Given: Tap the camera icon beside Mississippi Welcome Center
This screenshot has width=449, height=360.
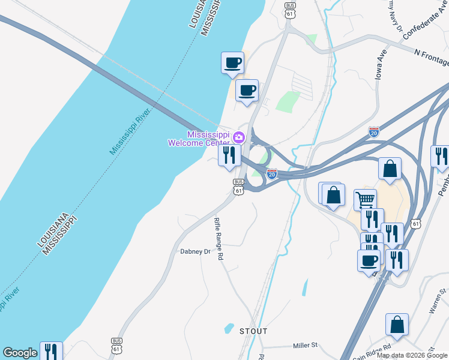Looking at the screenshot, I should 238,137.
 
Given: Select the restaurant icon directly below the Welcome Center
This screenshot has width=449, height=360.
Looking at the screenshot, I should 229,155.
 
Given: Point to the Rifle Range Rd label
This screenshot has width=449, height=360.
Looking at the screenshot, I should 218,238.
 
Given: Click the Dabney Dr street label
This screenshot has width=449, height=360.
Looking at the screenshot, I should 196,252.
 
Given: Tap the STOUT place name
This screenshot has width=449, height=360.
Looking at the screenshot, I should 253,331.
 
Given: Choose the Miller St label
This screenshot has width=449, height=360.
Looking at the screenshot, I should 305,346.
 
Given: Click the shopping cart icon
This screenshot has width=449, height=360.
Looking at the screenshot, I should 365,199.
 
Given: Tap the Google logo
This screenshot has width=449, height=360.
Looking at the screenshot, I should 20,353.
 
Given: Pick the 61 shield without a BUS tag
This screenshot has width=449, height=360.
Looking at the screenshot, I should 416,223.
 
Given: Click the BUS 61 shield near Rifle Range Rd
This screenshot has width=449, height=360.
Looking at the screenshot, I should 238,187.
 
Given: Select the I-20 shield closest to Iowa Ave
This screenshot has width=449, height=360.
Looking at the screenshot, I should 374,131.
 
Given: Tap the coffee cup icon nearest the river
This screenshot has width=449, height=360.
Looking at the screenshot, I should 232,62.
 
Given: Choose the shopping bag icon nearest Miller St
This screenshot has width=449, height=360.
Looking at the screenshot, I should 397,324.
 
